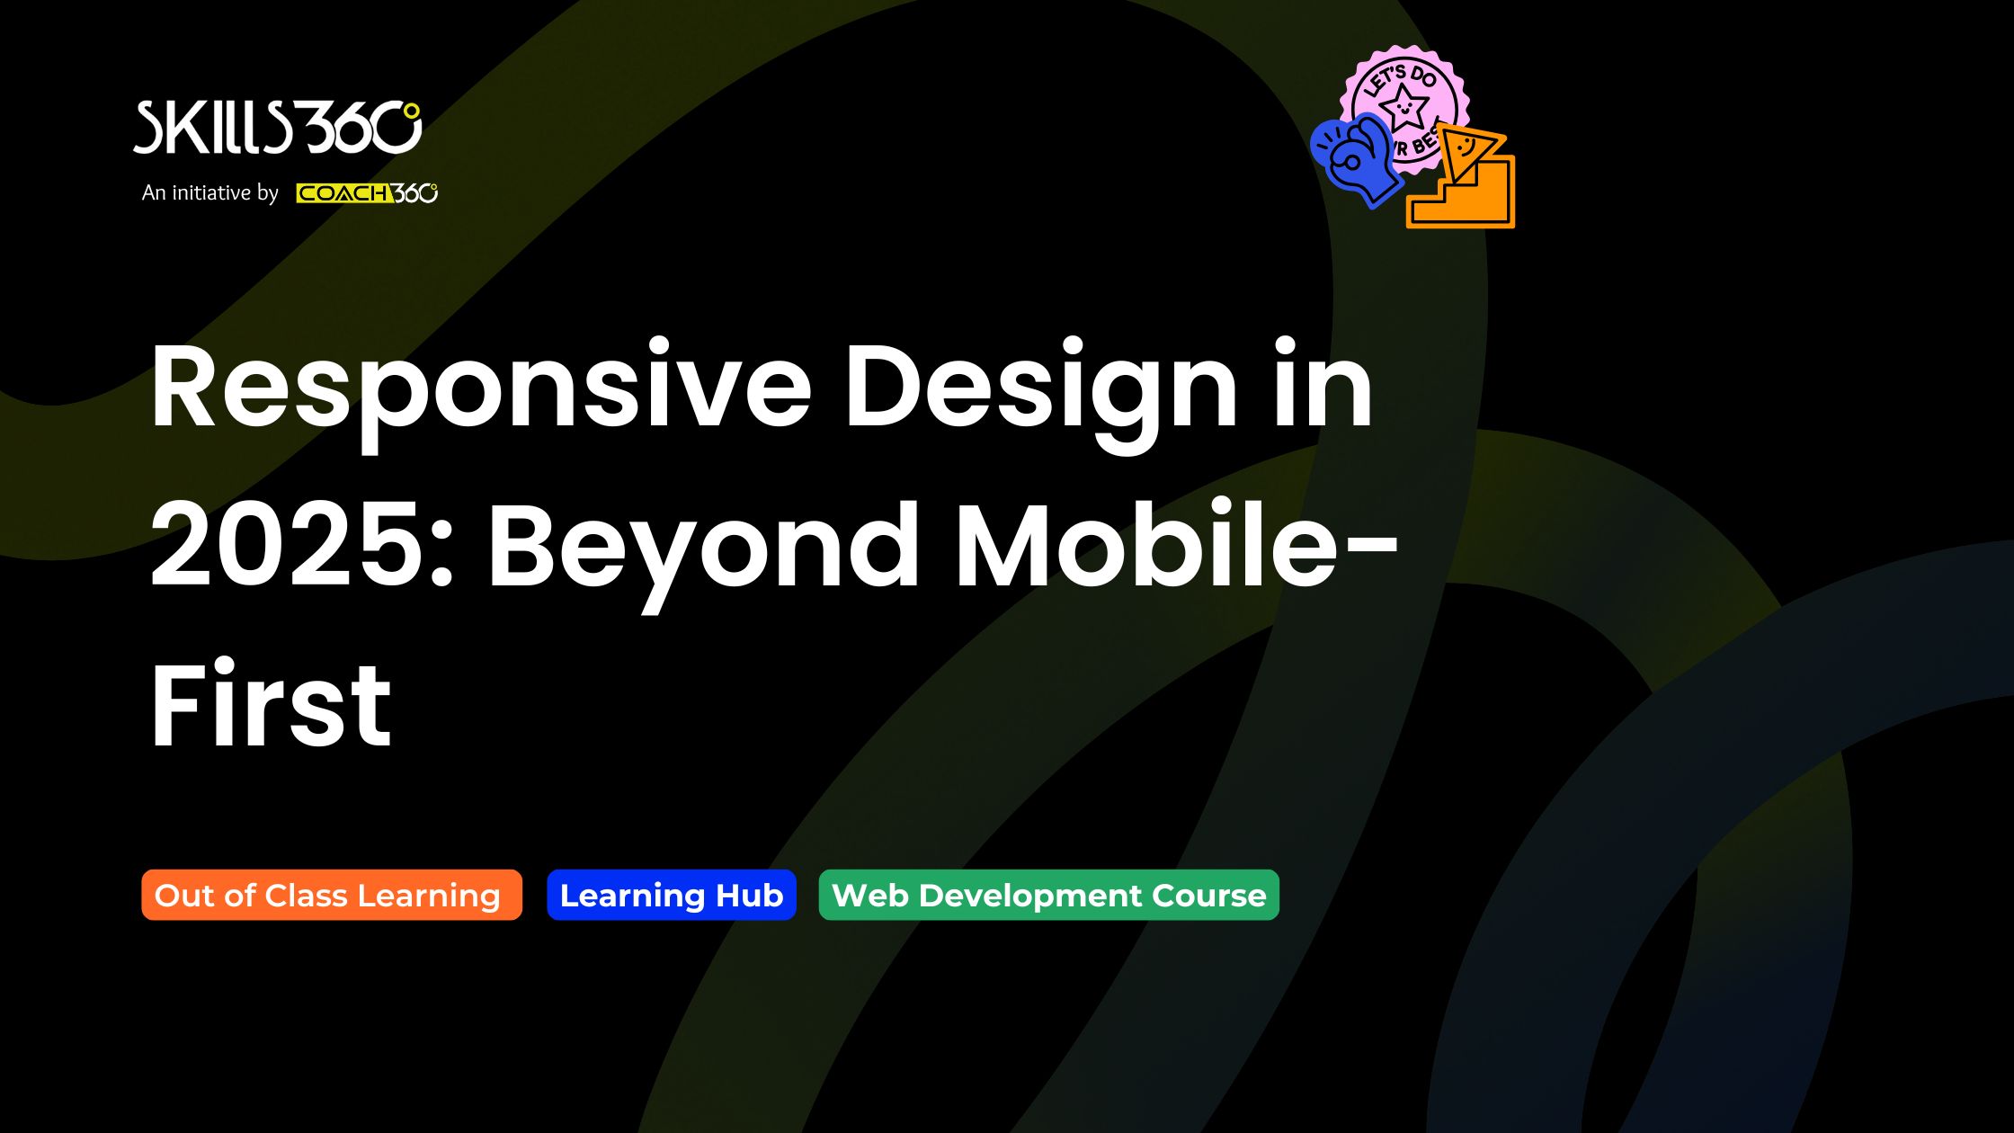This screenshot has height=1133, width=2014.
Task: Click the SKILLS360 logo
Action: (278, 127)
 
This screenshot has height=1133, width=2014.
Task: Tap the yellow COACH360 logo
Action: (367, 193)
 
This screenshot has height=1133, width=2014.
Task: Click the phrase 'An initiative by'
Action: (210, 192)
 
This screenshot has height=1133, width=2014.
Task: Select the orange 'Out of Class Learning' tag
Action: (332, 895)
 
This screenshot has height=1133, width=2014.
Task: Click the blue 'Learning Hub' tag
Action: (672, 895)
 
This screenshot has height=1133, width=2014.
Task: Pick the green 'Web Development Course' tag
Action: (1049, 895)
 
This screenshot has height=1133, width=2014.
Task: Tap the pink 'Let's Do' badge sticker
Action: (1404, 99)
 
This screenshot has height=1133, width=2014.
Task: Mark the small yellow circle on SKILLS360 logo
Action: (411, 112)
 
